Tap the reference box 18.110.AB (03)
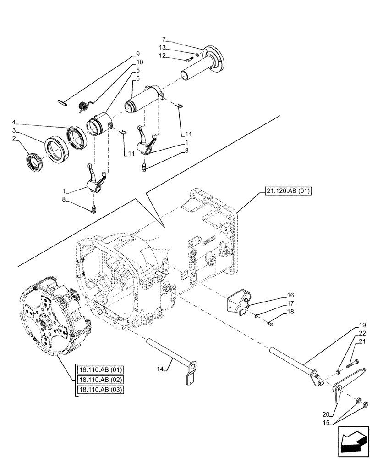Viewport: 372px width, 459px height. click(100, 390)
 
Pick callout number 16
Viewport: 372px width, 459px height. click(291, 296)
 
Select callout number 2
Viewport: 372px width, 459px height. click(15, 138)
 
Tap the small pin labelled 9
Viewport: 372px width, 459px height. click(64, 102)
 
